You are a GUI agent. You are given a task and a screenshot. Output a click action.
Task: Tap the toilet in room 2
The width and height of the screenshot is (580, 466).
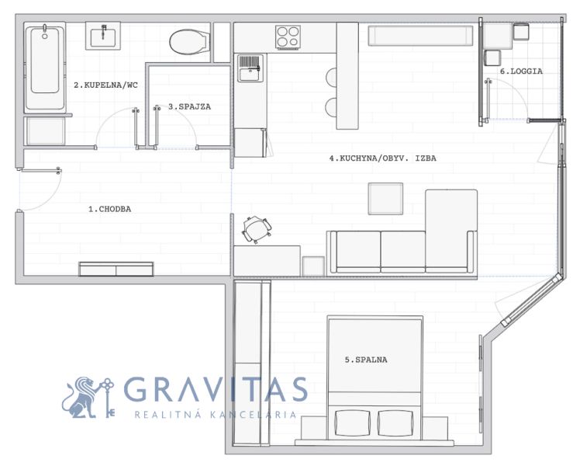coord(190,42)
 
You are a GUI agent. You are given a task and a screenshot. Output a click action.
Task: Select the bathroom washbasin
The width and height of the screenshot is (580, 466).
coord(103,36)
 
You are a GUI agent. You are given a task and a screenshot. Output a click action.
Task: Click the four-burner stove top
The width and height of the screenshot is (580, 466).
coord(288,37)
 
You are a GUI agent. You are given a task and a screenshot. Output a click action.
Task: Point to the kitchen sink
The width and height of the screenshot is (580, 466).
coord(250,68)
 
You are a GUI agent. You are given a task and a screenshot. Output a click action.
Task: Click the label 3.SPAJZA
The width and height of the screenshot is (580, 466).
coord(189,106)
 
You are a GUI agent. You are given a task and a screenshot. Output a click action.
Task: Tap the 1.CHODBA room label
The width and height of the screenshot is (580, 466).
coord(110,209)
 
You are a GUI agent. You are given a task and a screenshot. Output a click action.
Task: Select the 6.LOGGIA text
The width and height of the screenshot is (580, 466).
coord(521,71)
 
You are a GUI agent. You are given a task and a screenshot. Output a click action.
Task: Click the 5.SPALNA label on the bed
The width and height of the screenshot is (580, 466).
coord(366,360)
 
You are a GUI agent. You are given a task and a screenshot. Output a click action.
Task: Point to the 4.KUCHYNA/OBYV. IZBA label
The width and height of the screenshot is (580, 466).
coord(383,158)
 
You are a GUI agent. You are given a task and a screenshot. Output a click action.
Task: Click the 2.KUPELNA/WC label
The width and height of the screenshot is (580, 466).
coord(105,85)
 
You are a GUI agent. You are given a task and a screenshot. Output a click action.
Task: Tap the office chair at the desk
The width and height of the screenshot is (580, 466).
coord(257,229)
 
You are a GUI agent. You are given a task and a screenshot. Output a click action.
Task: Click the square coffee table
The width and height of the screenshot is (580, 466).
coord(385,199)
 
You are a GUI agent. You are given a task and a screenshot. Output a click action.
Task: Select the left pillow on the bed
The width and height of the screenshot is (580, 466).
coord(352,423)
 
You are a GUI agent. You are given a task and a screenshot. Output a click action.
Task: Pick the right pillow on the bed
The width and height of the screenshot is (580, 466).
coord(395,423)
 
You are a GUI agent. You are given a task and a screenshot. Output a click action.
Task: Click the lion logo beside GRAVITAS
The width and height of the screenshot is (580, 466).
coord(88,398)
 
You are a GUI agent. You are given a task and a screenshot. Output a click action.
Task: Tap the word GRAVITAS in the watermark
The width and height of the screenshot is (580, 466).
coord(216,389)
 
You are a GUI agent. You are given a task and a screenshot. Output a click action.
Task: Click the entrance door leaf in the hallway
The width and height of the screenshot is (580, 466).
coord(40,171)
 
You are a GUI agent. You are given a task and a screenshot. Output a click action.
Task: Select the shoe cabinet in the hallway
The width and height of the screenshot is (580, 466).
coord(116,269)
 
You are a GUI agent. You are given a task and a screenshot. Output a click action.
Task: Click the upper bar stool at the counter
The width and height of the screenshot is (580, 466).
coord(331,78)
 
